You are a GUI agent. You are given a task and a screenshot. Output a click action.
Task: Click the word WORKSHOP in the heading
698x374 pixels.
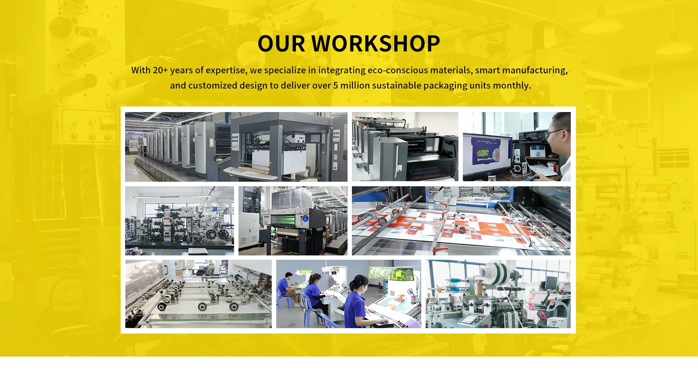[x=376, y=43]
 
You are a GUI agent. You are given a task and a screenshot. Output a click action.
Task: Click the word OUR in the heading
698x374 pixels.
[x=281, y=43]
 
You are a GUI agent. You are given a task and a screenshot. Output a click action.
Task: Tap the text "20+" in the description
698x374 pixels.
[x=160, y=70]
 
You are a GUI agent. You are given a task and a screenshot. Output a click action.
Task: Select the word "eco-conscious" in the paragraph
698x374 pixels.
[x=398, y=70]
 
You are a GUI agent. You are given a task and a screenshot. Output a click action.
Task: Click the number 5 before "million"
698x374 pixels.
[x=336, y=85]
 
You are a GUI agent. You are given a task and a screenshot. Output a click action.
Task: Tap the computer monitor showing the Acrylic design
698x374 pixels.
[x=488, y=155]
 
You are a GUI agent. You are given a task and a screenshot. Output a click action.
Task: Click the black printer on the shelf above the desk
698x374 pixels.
[x=533, y=135]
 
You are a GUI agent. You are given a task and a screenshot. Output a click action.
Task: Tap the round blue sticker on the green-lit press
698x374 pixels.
[x=305, y=218]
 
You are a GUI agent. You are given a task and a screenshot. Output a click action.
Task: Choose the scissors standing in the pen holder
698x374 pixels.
[x=411, y=292]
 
